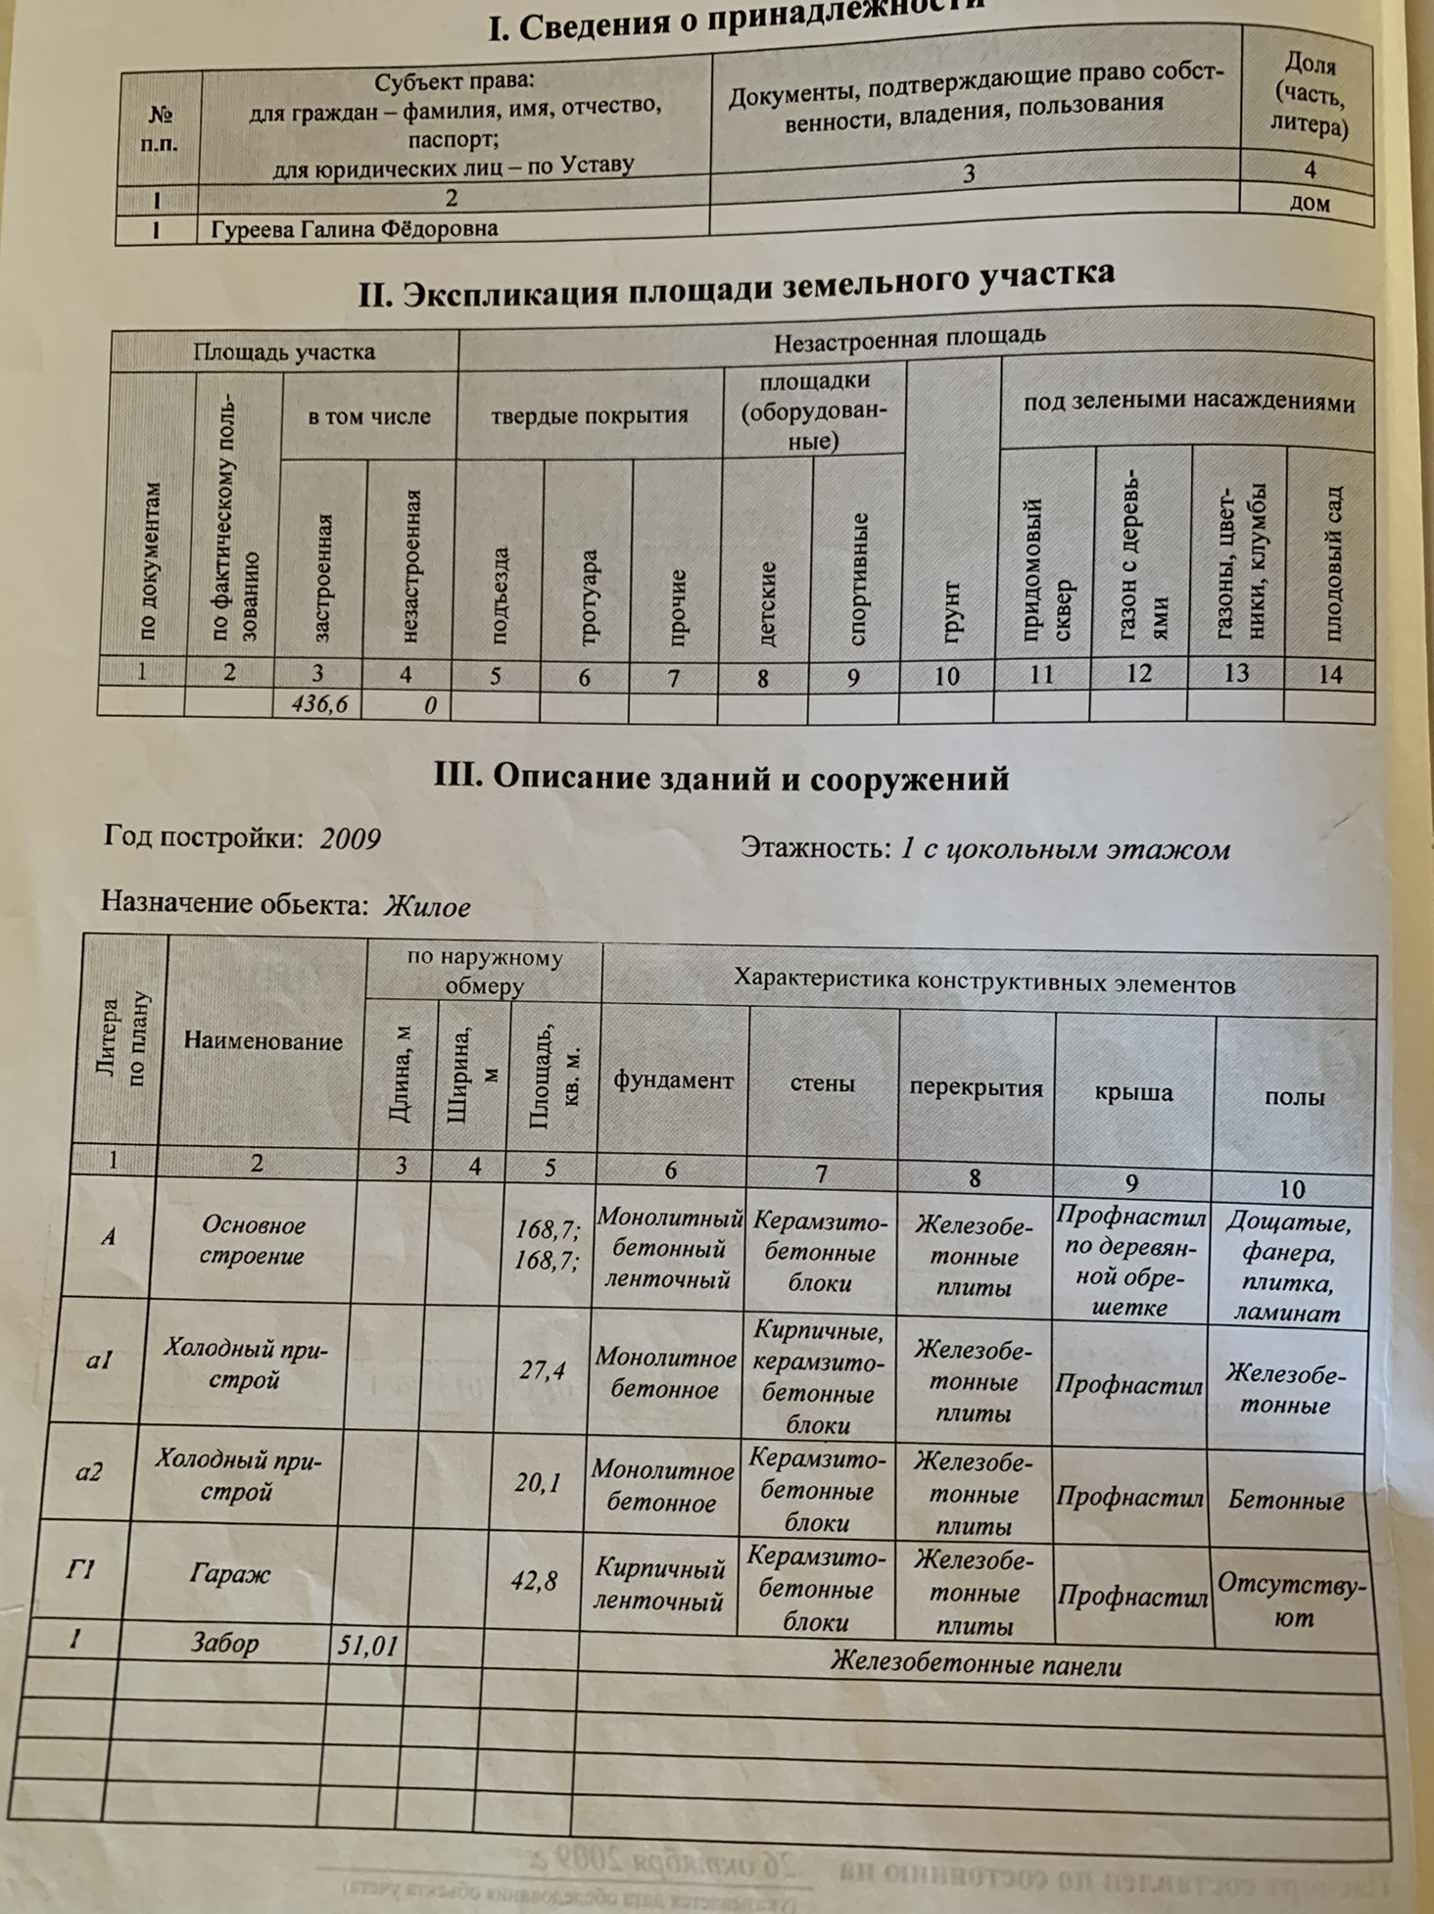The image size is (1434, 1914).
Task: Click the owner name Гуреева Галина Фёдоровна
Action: [355, 229]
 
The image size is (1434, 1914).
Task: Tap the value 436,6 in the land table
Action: [319, 704]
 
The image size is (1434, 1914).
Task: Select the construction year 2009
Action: [350, 839]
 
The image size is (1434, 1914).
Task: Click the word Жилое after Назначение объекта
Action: [427, 907]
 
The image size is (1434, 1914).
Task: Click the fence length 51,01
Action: [367, 1646]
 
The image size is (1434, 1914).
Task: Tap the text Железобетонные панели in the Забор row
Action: [976, 1664]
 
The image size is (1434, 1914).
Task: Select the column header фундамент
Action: [673, 1080]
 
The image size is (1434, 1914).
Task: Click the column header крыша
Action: [1133, 1093]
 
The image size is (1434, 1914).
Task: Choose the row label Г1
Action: [80, 1570]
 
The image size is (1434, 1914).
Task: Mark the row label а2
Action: [89, 1471]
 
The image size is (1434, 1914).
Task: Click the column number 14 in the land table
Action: [1330, 675]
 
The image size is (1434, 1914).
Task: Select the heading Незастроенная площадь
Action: [909, 339]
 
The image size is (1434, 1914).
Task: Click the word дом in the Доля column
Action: [1310, 203]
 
